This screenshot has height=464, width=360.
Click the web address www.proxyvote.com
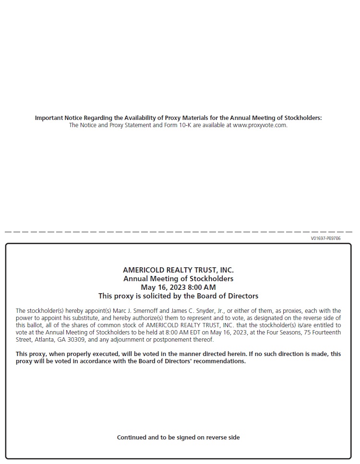point(260,125)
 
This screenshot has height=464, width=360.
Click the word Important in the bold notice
point(49,118)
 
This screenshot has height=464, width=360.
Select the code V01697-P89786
point(325,238)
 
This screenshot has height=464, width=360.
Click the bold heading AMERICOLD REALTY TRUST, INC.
point(178,270)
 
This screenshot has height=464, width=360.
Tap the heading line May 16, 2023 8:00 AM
point(178,287)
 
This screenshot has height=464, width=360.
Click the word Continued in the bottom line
point(131,438)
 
